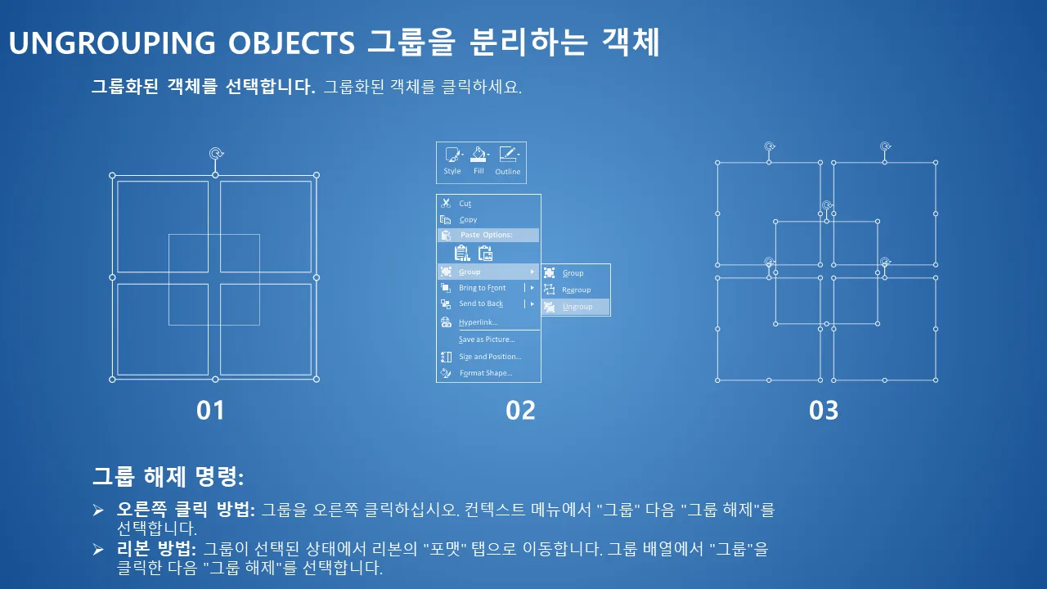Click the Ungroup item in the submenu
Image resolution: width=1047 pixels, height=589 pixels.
point(577,307)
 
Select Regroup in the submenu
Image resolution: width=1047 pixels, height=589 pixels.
point(576,290)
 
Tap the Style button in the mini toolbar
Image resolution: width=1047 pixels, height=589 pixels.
point(452,161)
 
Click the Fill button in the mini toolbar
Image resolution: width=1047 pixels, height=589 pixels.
point(479,161)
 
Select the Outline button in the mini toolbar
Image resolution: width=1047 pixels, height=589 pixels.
point(508,161)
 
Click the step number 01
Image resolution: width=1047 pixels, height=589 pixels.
point(210,411)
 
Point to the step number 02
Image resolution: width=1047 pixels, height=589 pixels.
point(520,411)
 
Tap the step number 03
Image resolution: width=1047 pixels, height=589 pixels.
point(824,411)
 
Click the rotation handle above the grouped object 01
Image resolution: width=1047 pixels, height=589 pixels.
point(215,153)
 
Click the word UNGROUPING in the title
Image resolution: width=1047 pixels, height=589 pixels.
point(112,43)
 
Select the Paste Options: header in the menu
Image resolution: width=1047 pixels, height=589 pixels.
point(486,235)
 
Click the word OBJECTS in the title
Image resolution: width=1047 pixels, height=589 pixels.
point(292,43)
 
